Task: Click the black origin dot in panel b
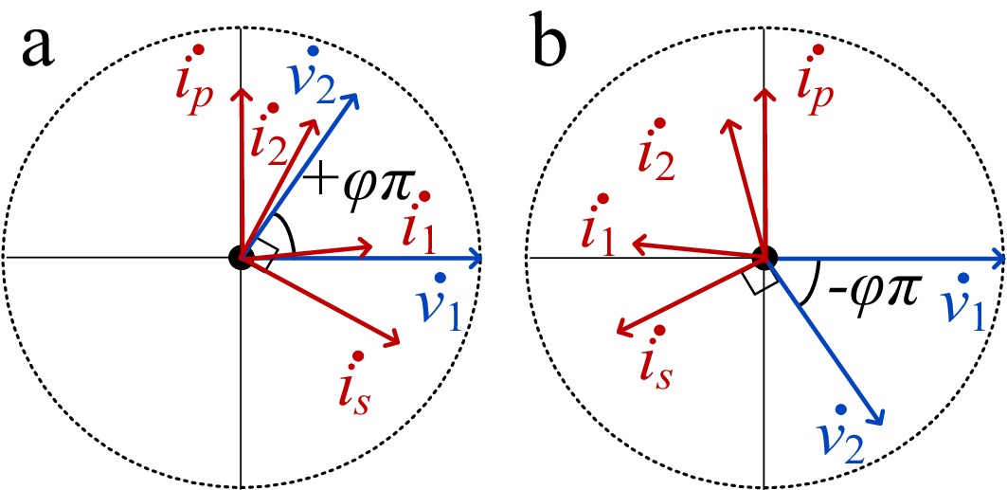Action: (x=765, y=257)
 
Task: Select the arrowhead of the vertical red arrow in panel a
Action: (x=241, y=94)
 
